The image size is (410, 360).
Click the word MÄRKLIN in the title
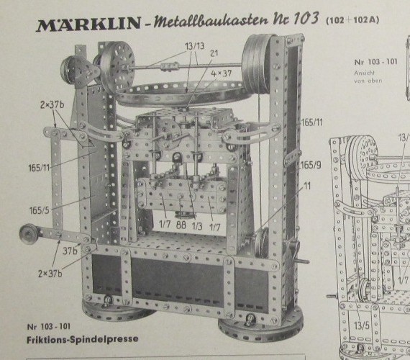pyautogui.click(x=88, y=24)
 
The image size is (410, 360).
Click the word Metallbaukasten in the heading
pyautogui.click(x=211, y=20)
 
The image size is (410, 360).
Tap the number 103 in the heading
pyautogui.click(x=306, y=18)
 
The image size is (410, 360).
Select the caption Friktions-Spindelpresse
pyautogui.click(x=83, y=339)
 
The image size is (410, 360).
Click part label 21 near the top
pyautogui.click(x=214, y=53)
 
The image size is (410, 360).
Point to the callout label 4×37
pyautogui.click(x=222, y=73)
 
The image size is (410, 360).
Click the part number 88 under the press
pyautogui.click(x=181, y=225)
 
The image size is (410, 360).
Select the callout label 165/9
pyautogui.click(x=311, y=165)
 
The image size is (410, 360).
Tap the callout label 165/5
pyautogui.click(x=40, y=210)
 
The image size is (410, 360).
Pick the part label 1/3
pyautogui.click(x=197, y=226)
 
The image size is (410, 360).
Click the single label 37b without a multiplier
pyautogui.click(x=70, y=251)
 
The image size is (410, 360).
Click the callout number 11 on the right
pyautogui.click(x=307, y=186)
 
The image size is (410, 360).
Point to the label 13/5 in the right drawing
pyautogui.click(x=362, y=325)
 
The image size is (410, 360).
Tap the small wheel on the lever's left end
pyautogui.click(x=29, y=234)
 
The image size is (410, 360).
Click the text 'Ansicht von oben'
pyautogui.click(x=368, y=77)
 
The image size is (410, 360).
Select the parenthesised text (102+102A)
pyautogui.click(x=352, y=20)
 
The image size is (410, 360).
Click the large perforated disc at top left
pyautogui.click(x=117, y=69)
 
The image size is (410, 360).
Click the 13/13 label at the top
pyautogui.click(x=195, y=46)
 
